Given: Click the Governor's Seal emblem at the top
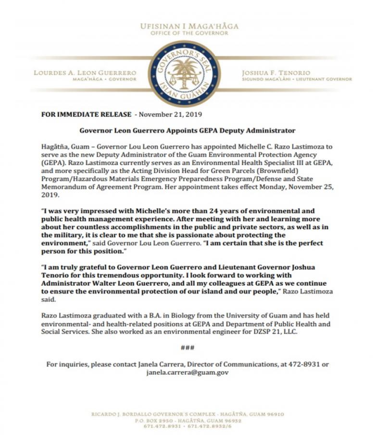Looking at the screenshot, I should click(184, 74).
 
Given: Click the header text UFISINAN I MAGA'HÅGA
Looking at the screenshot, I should click(189, 26).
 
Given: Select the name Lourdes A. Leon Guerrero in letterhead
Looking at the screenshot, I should click(85, 73).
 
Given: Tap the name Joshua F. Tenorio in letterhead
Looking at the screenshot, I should click(276, 73).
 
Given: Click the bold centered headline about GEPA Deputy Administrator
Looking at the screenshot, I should click(187, 130).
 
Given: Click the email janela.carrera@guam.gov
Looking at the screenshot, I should click(187, 372).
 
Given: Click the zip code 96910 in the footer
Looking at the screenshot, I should click(275, 414).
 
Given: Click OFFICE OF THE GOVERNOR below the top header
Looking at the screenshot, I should click(188, 33).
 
